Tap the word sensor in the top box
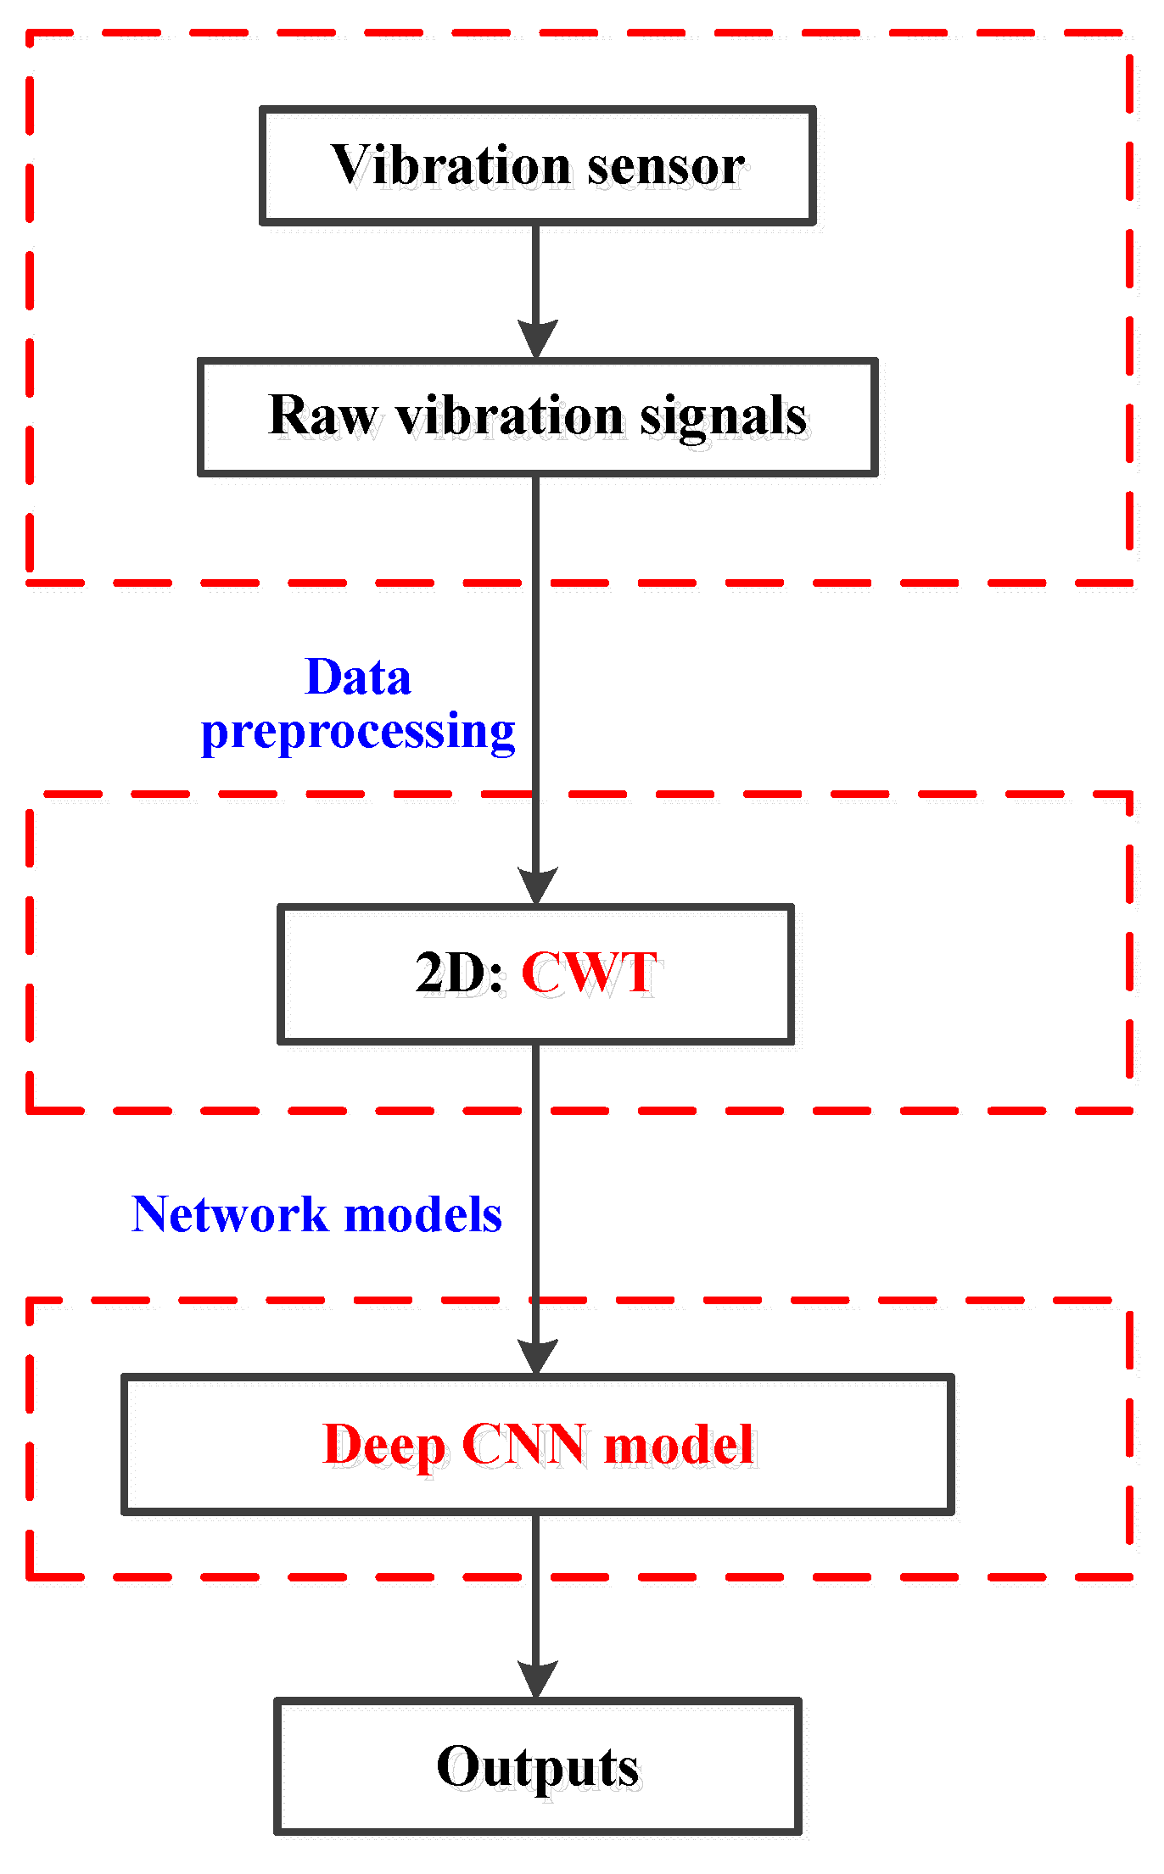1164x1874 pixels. (666, 166)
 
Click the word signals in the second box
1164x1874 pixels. (723, 418)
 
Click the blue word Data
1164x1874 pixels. (358, 678)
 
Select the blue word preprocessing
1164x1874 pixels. (358, 733)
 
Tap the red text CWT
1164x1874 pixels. (589, 973)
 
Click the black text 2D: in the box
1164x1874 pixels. (460, 973)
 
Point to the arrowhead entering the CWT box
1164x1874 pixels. (537, 886)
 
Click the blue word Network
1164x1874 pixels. (229, 1214)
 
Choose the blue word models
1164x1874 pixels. (423, 1214)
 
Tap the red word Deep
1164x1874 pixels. (384, 1446)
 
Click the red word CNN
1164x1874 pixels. (523, 1444)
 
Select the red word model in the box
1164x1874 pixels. (679, 1444)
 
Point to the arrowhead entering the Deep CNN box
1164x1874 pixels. (537, 1357)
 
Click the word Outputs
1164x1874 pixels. (538, 1768)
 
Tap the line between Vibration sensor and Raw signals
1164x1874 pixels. (536, 271)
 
